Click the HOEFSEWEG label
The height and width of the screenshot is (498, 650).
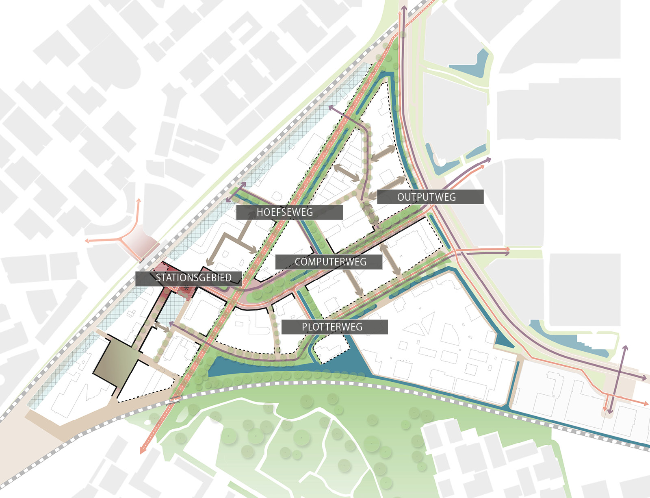pyautogui.click(x=289, y=212)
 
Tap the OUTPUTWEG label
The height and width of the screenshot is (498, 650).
pyautogui.click(x=430, y=197)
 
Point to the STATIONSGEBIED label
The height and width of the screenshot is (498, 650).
pyautogui.click(x=188, y=278)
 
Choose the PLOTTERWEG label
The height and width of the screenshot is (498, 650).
pyautogui.click(x=334, y=327)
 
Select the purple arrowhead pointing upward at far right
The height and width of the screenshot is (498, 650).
pyautogui.click(x=625, y=348)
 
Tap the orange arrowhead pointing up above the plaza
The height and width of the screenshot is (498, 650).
pyautogui.click(x=139, y=200)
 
